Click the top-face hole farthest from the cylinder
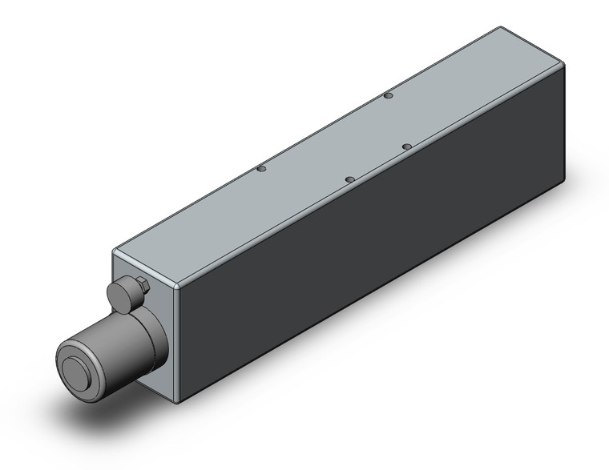coord(388,96)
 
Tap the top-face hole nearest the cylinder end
coord(260,169)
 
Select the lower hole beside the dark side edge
coord(349,179)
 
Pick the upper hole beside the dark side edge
coord(407,146)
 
